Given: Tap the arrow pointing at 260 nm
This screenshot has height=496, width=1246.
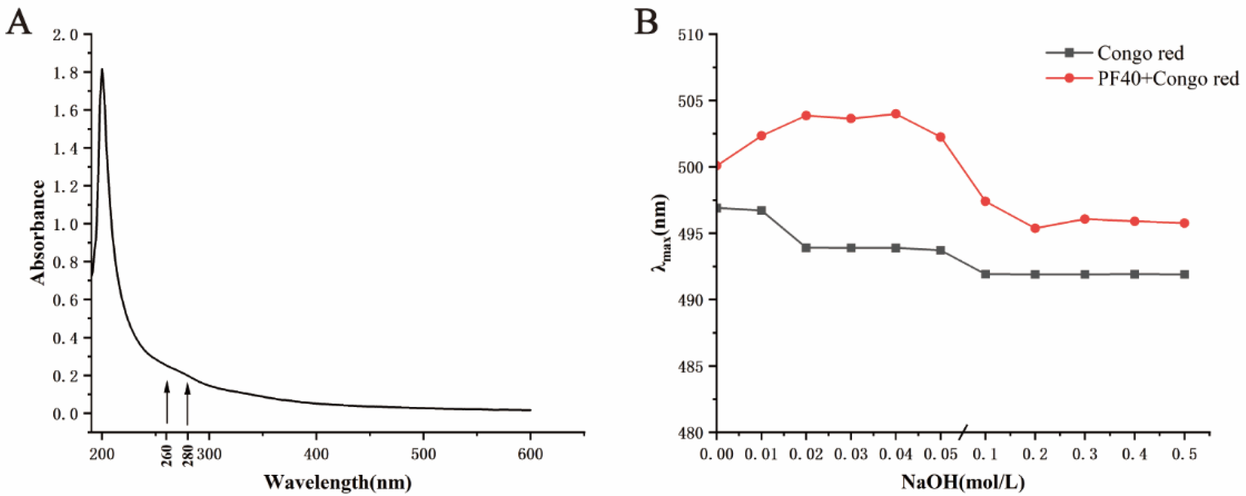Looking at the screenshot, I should [x=167, y=402].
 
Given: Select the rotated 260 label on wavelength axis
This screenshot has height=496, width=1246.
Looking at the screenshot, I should [x=167, y=456].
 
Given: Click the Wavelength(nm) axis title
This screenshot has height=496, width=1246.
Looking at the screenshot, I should [x=338, y=482].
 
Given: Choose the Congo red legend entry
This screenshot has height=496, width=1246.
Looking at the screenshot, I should [x=1139, y=53].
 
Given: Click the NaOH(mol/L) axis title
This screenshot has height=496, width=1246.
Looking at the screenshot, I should [x=963, y=482].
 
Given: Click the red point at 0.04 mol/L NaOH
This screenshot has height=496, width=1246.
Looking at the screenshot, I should [x=895, y=114].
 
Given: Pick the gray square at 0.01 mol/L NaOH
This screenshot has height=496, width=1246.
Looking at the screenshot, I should [x=761, y=210].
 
